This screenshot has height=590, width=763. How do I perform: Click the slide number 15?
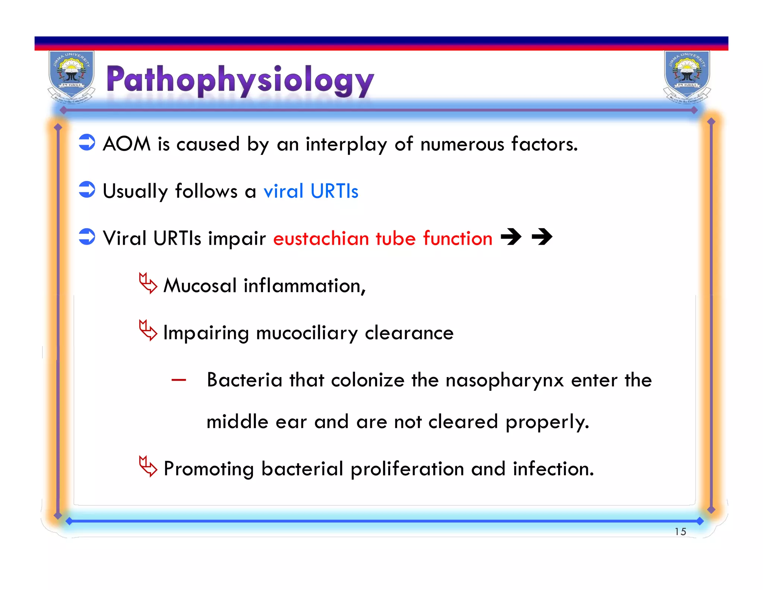pyautogui.click(x=680, y=531)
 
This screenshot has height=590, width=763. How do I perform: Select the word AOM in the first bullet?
pyautogui.click(x=127, y=144)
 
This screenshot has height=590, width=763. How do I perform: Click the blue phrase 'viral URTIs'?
pyautogui.click(x=311, y=191)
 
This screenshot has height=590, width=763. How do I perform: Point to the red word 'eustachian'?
pyautogui.click(x=321, y=238)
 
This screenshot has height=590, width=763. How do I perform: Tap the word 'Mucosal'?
pyautogui.click(x=200, y=286)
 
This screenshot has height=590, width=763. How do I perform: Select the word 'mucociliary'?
pyautogui.click(x=307, y=333)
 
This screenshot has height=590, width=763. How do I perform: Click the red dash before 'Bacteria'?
pyautogui.click(x=178, y=380)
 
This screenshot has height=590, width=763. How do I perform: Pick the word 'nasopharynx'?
pyautogui.click(x=504, y=381)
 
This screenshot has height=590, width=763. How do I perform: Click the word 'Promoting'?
pyautogui.click(x=209, y=469)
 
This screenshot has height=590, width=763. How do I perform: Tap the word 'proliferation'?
pyautogui.click(x=407, y=469)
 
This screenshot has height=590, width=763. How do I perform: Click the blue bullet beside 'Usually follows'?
pyautogui.click(x=87, y=189)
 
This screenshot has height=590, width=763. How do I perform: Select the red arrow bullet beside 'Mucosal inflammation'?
pyautogui.click(x=148, y=283)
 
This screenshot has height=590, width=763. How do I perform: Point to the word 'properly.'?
pyautogui.click(x=547, y=423)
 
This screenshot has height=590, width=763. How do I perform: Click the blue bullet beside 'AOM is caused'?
pyautogui.click(x=87, y=142)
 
